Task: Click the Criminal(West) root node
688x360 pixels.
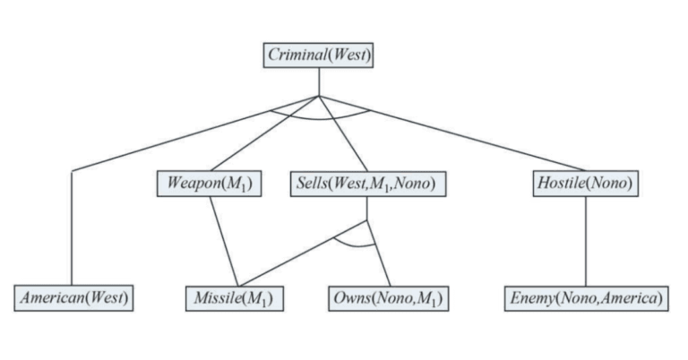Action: [319, 56]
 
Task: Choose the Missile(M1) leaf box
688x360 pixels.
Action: [236, 297]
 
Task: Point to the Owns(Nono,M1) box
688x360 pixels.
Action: [387, 297]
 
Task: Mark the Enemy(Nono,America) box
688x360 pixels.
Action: [586, 297]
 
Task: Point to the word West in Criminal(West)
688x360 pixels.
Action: [349, 56]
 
